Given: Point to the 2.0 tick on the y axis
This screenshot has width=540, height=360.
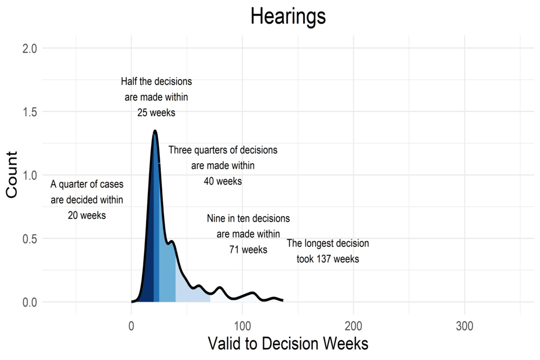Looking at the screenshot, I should [x=30, y=48].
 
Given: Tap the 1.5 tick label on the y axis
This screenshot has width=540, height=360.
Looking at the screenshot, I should [x=30, y=112].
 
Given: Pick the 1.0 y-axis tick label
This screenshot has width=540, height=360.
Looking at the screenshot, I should [x=30, y=175].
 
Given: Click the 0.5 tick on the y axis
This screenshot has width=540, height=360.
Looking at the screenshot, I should [x=30, y=238].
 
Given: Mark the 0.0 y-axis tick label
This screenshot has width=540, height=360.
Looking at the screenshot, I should [x=30, y=302].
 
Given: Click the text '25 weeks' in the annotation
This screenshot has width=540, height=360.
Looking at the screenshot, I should [x=156, y=112].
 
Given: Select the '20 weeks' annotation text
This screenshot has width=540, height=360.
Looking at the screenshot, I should [x=87, y=215].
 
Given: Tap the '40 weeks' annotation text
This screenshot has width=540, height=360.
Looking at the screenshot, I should [x=223, y=181].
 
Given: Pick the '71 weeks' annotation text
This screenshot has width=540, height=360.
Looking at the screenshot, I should [x=248, y=249].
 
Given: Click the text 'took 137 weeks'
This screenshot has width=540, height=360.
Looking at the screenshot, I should [x=328, y=259].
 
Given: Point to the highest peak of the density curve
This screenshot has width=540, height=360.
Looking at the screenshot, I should [x=155, y=131].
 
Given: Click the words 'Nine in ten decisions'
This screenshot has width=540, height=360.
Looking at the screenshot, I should [x=248, y=218].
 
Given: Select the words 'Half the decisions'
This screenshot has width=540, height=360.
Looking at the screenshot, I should [x=156, y=82].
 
